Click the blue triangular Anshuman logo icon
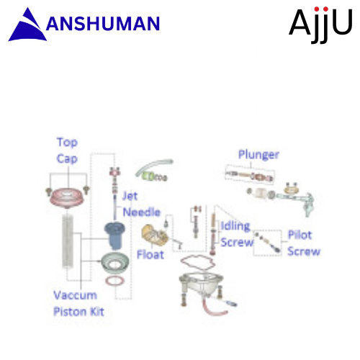click(27, 27)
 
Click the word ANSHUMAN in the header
click(103, 24)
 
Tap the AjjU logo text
click(320, 24)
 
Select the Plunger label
click(258, 155)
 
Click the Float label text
click(150, 255)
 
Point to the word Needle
click(142, 212)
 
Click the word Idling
click(235, 227)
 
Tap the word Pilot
click(300, 235)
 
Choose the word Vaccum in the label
click(75, 295)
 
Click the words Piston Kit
click(78, 312)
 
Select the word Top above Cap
click(67, 143)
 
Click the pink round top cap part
click(67, 197)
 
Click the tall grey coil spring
click(68, 241)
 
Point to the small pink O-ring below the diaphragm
click(115, 281)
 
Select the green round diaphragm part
click(114, 264)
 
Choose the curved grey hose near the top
click(153, 166)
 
